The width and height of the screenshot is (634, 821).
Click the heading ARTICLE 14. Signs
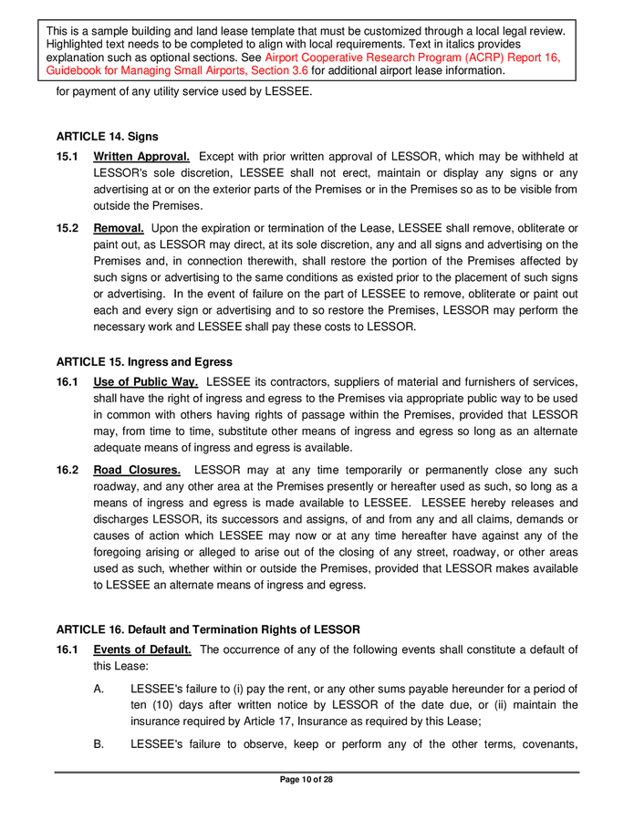click(107, 137)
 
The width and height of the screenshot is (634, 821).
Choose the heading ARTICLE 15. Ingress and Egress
click(144, 362)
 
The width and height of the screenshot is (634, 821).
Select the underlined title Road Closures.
click(137, 470)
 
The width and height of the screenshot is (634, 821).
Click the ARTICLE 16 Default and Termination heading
click(208, 629)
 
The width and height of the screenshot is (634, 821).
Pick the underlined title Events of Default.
click(142, 650)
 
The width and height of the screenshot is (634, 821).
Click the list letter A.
click(99, 690)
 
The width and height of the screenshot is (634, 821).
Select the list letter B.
click(99, 744)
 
